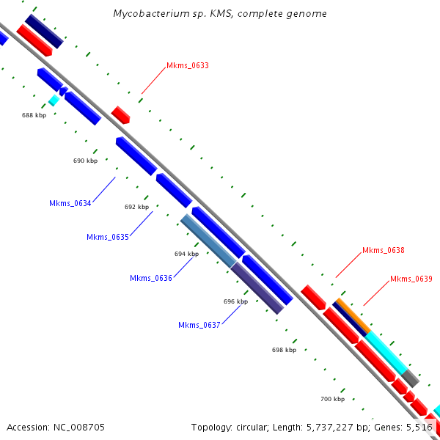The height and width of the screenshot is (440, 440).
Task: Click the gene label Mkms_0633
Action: [188, 66]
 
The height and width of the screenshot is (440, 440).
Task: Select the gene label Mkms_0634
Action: [70, 203]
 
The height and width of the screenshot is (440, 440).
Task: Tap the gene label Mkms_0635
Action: [108, 237]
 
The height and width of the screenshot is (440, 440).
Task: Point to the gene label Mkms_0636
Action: [151, 278]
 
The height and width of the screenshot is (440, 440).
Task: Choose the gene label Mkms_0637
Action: [199, 325]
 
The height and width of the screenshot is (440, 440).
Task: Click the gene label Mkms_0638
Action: [384, 250]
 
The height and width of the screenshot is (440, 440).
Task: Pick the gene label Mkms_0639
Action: [411, 279]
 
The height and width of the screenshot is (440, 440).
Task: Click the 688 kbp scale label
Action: [34, 115]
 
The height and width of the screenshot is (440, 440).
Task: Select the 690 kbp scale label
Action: [85, 161]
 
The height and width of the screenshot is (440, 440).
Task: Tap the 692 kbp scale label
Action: [136, 207]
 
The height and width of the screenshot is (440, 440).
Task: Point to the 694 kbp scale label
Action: [186, 254]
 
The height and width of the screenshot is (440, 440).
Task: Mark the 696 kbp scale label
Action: [235, 301]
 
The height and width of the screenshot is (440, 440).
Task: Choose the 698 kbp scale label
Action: [284, 350]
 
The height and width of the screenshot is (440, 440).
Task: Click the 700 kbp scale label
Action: [332, 399]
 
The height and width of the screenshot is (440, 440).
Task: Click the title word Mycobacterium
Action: [149, 14]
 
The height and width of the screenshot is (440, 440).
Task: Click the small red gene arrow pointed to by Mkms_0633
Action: [121, 114]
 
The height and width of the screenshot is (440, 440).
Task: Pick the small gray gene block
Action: [411, 379]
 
